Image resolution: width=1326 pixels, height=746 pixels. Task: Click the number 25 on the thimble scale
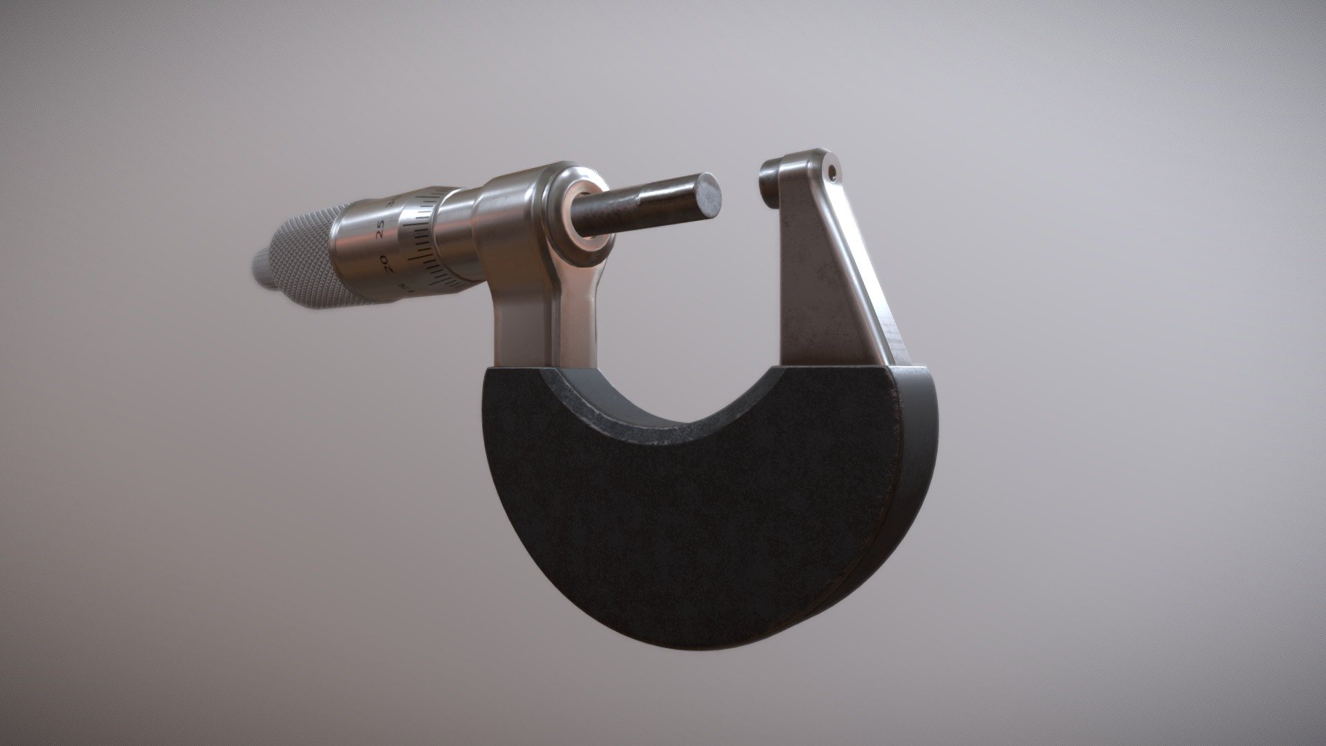[x=382, y=230]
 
